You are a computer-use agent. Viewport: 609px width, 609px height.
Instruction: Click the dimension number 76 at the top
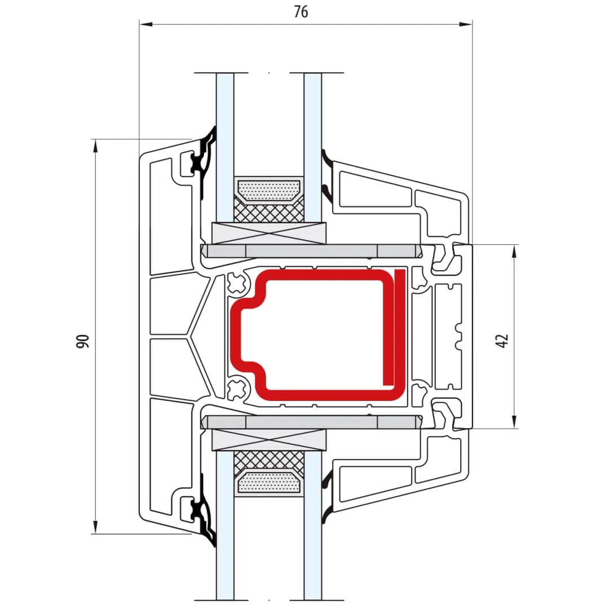[x=301, y=12]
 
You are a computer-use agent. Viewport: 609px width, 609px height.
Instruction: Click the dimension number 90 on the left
[x=82, y=341]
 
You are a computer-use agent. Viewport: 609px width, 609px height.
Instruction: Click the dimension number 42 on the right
[x=502, y=341]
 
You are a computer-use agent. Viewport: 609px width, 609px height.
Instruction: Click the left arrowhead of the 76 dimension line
[x=145, y=24]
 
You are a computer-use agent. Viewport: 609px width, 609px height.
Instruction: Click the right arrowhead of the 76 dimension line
[x=466, y=24]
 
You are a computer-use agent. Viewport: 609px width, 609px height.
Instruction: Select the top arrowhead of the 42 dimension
[x=514, y=251]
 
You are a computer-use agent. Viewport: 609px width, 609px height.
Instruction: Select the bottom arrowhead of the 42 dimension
[x=514, y=422]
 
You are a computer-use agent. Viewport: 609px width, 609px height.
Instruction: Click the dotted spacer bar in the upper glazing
[x=270, y=191]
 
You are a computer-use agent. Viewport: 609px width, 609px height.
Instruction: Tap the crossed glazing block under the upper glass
[x=269, y=233]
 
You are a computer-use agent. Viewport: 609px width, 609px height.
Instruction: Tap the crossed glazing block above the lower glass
[x=269, y=440]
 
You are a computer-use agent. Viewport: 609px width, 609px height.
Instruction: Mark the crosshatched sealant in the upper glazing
[x=269, y=211]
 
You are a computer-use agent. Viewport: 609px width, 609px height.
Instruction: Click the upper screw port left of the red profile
[x=237, y=283]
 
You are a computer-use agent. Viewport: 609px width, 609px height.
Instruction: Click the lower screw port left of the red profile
[x=237, y=390]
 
